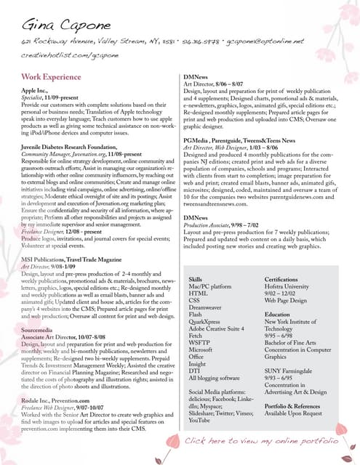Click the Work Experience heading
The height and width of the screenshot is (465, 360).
coord(50,76)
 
